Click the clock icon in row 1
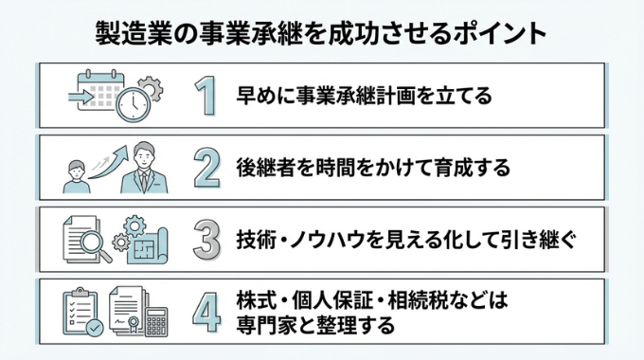pos(134,104)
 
